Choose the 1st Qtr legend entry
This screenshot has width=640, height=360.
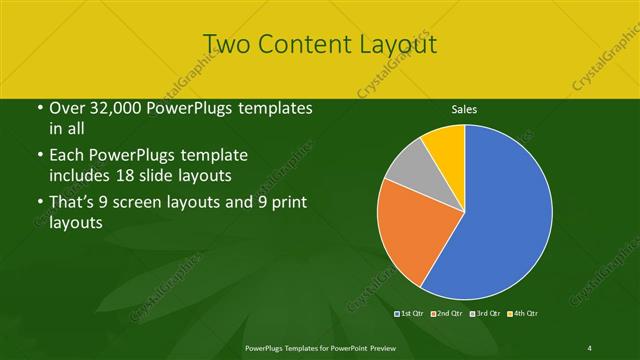[411, 314]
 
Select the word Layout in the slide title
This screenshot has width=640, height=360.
[395, 44]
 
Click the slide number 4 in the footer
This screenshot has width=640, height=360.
[590, 347]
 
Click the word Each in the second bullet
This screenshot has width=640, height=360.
[67, 156]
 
